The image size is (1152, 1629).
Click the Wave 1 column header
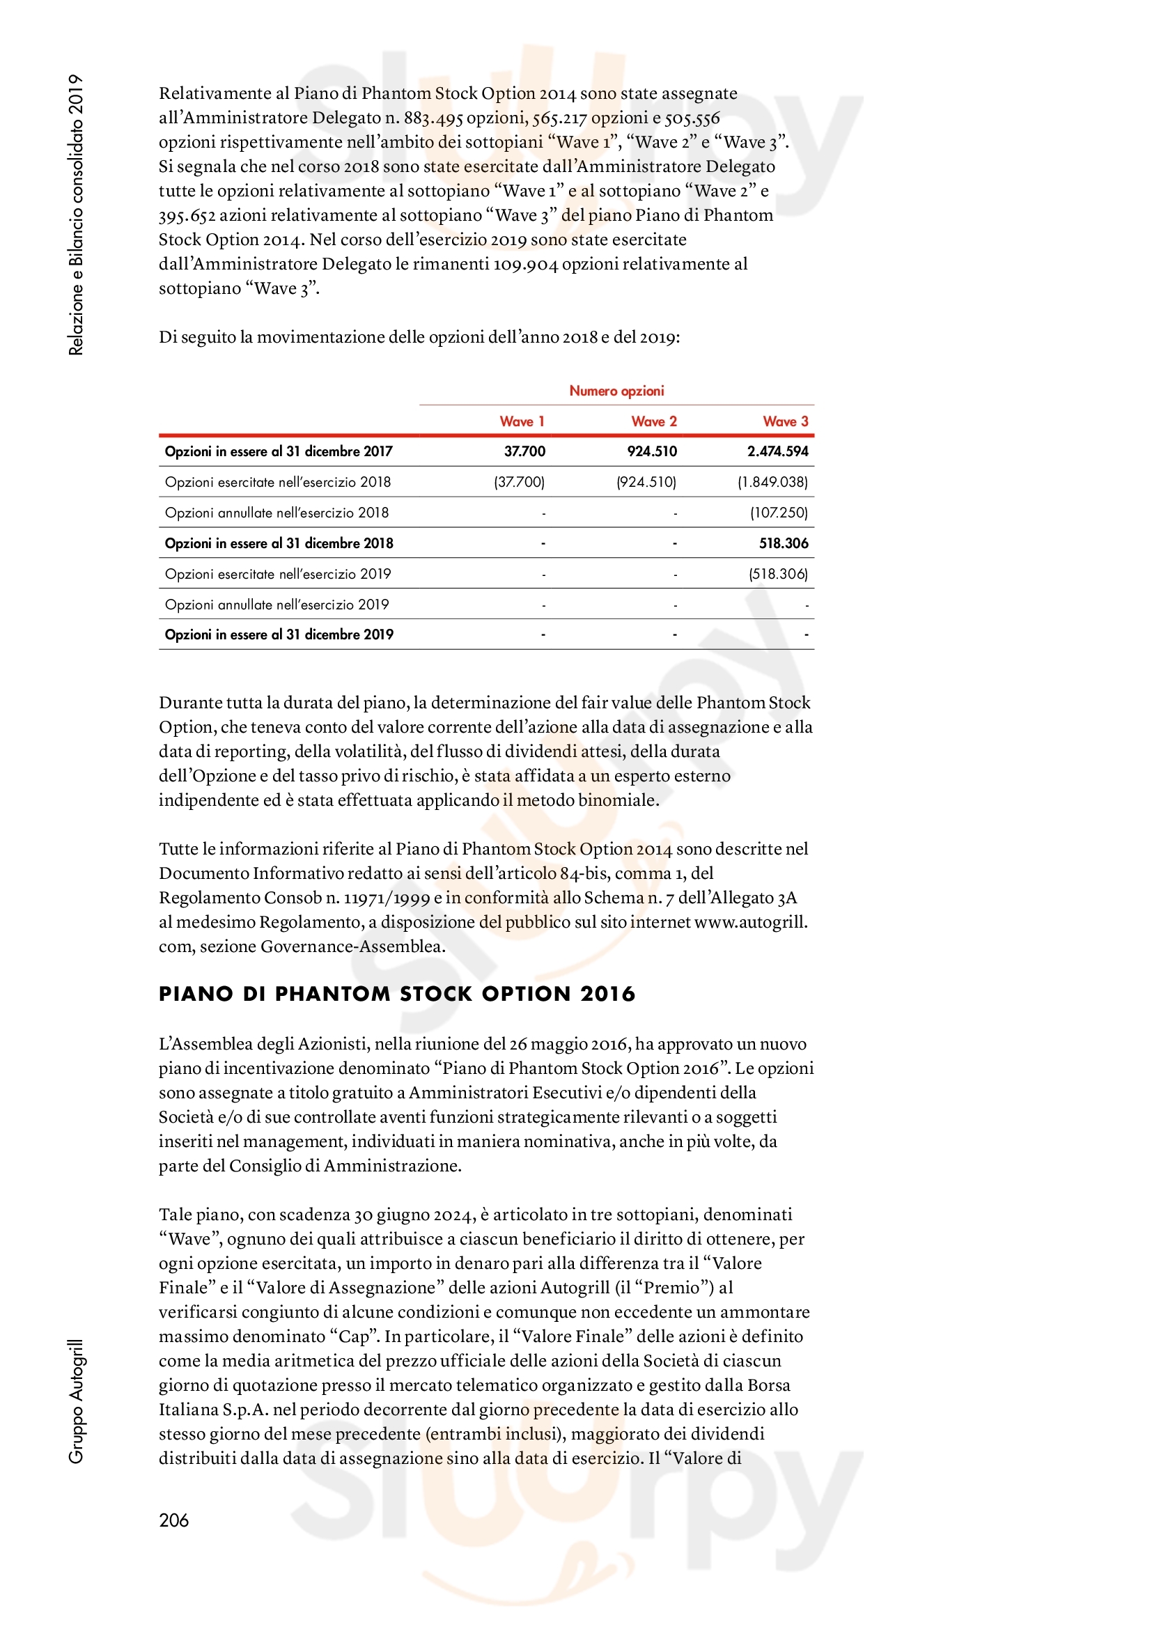[522, 421]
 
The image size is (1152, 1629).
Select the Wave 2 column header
[653, 421]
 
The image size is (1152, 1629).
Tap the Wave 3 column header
[784, 421]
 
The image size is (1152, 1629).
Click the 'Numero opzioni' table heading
[616, 391]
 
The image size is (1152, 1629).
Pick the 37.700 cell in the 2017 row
[524, 451]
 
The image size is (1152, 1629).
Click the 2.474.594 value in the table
[777, 451]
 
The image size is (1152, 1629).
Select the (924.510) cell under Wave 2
[646, 483]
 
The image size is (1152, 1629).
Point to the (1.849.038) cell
[772, 483]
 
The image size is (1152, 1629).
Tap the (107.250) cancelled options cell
[779, 513]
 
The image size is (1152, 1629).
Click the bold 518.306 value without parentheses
[783, 543]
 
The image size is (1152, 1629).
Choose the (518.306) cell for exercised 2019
[778, 574]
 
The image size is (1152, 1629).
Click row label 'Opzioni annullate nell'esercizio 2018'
[277, 513]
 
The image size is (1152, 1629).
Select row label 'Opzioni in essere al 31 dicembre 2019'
[279, 635]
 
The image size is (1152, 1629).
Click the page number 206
[174, 1520]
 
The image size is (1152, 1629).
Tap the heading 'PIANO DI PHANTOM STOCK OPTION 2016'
[396, 994]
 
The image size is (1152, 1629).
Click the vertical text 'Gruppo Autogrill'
[76, 1401]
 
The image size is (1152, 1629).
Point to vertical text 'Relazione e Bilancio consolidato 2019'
[76, 215]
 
